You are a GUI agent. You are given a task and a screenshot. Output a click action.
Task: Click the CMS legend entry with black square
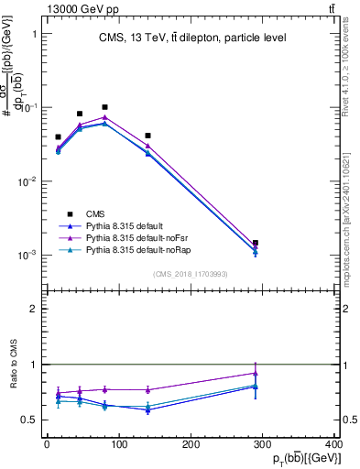pyautogui.click(x=95, y=213)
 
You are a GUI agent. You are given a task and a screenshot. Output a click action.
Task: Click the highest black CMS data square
pyautogui.click(x=104, y=107)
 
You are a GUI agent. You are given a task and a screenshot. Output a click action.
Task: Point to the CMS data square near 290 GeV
pyautogui.click(x=256, y=243)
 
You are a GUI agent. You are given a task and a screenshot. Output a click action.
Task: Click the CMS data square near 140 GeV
pyautogui.click(x=147, y=136)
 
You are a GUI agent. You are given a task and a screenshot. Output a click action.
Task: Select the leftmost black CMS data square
pyautogui.click(x=58, y=137)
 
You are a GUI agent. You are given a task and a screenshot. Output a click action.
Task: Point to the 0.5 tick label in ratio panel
pyautogui.click(x=30, y=420)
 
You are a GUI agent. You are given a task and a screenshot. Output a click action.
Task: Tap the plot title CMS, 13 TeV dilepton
pyautogui.click(x=191, y=38)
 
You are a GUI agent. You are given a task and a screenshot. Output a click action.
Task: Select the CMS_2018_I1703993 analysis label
pyautogui.click(x=191, y=274)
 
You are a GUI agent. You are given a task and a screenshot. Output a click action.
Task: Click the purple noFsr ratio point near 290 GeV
pyautogui.click(x=256, y=373)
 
